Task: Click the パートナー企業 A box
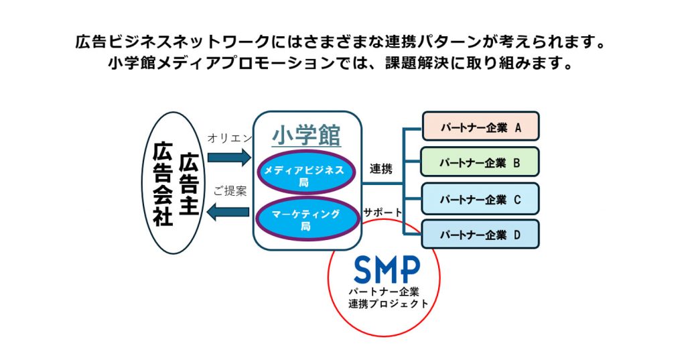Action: [x=480, y=126]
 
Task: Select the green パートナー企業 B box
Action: [x=480, y=162]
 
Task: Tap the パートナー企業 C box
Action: [x=480, y=198]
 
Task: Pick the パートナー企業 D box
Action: [x=480, y=234]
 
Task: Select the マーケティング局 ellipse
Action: [x=305, y=220]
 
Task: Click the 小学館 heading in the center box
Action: [x=306, y=136]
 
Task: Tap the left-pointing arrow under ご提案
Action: [x=228, y=213]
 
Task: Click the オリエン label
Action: [x=230, y=138]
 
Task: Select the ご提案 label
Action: [x=230, y=191]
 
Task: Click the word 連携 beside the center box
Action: [x=381, y=169]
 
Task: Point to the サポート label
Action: [x=383, y=212]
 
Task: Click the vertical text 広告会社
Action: [x=163, y=183]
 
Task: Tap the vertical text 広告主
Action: [x=190, y=183]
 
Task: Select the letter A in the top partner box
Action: [x=518, y=127]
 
